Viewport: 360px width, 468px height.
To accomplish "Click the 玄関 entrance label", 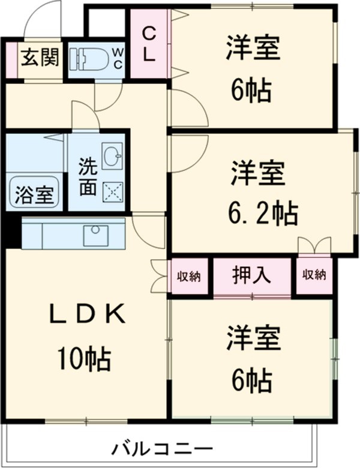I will point(40,58).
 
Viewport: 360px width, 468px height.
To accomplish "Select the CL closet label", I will point(149,45).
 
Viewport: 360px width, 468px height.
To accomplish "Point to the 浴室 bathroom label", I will point(34,193).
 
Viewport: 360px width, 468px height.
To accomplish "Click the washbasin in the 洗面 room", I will point(112,157).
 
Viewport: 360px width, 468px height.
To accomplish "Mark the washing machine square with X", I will point(112,192).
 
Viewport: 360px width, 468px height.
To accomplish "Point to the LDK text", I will point(88,315).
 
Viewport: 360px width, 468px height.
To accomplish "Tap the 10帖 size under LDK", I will point(84,358).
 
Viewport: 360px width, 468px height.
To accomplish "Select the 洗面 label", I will point(88,175).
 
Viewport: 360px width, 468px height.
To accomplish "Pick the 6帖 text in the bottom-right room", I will point(252,379).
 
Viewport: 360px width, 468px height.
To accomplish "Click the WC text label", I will point(116,58).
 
